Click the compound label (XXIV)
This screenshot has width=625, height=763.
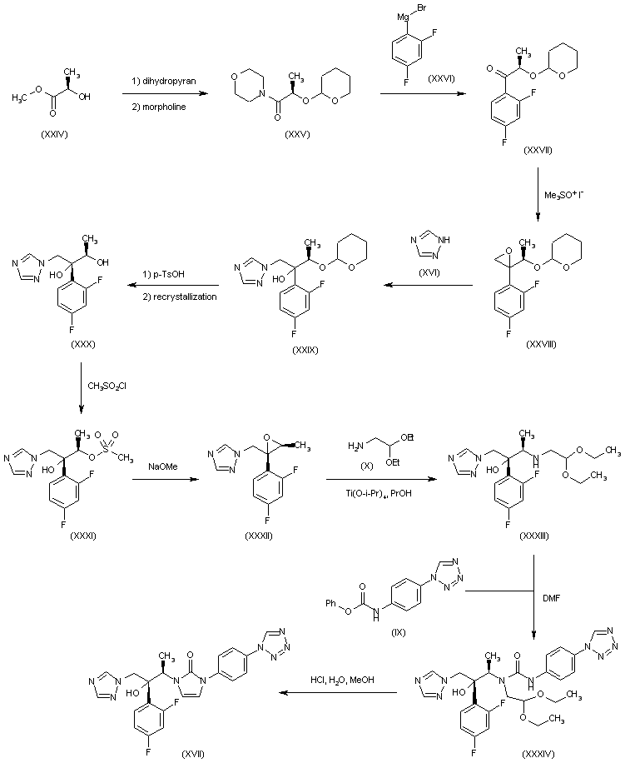pyautogui.click(x=54, y=135)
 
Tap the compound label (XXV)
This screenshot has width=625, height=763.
pyautogui.click(x=297, y=135)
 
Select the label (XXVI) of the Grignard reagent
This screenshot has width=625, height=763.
pyautogui.click(x=441, y=78)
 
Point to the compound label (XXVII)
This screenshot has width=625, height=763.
pyautogui.click(x=538, y=151)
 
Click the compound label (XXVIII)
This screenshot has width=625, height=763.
pyautogui.click(x=541, y=344)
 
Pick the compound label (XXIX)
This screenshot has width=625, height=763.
pyautogui.click(x=305, y=350)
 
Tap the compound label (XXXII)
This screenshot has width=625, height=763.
pyautogui.click(x=259, y=536)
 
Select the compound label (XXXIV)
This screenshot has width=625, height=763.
pyautogui.click(x=538, y=755)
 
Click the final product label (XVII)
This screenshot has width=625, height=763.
pyautogui.click(x=192, y=755)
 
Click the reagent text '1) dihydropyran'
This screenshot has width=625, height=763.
pyautogui.click(x=164, y=82)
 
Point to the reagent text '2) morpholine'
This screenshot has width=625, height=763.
pyautogui.click(x=159, y=107)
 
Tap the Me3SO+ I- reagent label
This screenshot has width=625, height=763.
pyautogui.click(x=563, y=195)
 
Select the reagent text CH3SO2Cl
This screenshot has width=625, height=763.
pyautogui.click(x=107, y=386)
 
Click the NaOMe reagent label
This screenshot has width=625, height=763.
pyautogui.click(x=163, y=466)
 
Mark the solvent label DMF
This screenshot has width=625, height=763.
pyautogui.click(x=551, y=598)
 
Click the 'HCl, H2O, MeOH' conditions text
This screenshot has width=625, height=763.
pyautogui.click(x=342, y=680)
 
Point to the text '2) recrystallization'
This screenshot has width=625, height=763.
pyautogui.click(x=179, y=297)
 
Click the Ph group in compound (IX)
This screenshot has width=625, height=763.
pyautogui.click(x=331, y=603)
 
